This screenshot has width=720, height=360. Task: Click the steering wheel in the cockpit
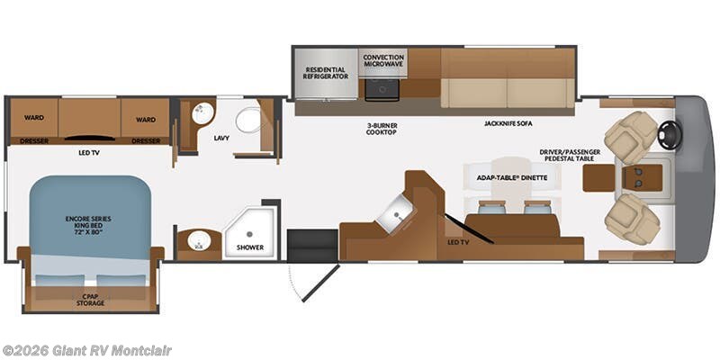tap(670, 134)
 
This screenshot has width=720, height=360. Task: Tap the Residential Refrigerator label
tap(326, 73)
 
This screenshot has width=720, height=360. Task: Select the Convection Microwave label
tap(383, 60)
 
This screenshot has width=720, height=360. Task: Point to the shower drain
tap(249, 234)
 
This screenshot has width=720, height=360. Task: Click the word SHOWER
tap(250, 247)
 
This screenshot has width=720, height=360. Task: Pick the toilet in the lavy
tap(248, 120)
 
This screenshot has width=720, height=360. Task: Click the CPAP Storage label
tap(90, 300)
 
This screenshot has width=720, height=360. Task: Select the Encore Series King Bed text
tap(88, 226)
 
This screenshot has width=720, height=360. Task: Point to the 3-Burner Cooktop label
tap(381, 129)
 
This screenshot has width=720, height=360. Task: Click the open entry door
tap(320, 283)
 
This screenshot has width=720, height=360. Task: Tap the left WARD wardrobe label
tap(34, 118)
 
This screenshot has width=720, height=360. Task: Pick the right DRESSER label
tap(146, 141)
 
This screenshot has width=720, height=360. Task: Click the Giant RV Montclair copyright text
tap(85, 351)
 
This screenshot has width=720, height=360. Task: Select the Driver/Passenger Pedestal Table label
tap(570, 155)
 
